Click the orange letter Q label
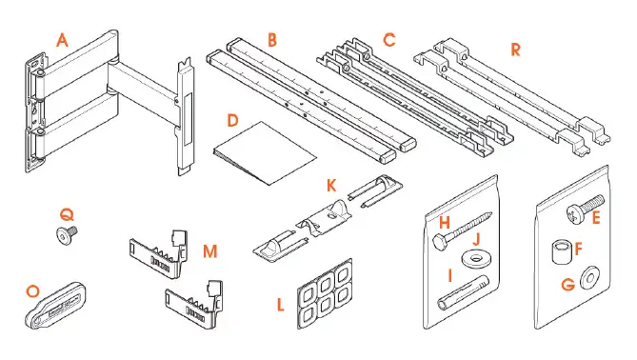pos(67,214)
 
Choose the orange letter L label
pos(280,306)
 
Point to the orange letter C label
pos(389,40)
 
